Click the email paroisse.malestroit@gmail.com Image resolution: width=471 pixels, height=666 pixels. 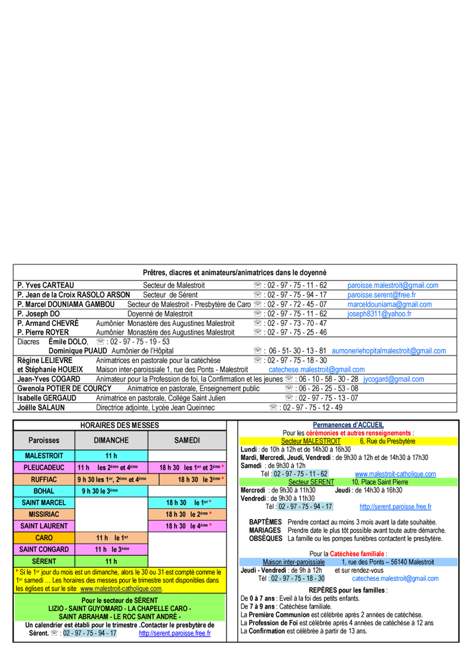[x=392, y=285]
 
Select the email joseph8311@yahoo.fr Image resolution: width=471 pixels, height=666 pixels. [x=379, y=314]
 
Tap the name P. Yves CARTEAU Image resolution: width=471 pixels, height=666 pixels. [x=46, y=285]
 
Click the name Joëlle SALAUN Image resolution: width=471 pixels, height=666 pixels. [x=41, y=407]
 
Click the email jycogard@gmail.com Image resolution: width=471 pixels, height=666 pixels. [x=393, y=379]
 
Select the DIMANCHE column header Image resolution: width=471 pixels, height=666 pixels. [x=111, y=440]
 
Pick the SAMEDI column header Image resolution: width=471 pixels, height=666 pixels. [x=187, y=440]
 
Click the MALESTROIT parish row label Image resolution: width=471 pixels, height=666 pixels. [x=44, y=456]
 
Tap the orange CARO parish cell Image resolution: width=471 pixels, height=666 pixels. [x=44, y=537]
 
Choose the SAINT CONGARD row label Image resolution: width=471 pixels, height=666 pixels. [x=44, y=549]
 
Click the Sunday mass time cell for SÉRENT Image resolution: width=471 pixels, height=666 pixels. [x=111, y=561]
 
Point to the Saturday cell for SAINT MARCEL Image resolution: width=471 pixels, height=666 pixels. [x=187, y=503]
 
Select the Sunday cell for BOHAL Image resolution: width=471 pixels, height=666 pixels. [x=111, y=491]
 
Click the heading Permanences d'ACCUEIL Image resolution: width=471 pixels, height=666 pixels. [x=348, y=425]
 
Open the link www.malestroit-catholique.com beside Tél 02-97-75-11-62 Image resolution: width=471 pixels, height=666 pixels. [x=395, y=474]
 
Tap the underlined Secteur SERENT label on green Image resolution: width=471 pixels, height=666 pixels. [x=311, y=482]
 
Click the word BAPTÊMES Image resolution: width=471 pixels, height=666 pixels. [x=265, y=522]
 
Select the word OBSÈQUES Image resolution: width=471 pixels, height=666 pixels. [x=266, y=538]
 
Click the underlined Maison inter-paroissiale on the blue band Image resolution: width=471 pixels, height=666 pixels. [x=293, y=562]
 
